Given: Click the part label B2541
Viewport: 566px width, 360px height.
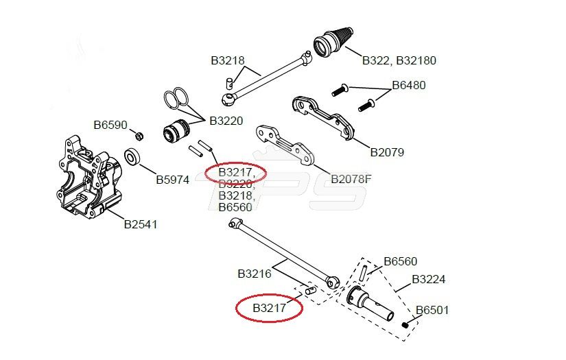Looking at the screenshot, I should (141, 224).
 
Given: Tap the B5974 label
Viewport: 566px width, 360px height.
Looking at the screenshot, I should (172, 180).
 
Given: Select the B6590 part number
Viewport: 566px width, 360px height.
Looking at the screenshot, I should (110, 125).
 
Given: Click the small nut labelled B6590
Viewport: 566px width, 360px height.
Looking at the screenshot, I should (137, 134).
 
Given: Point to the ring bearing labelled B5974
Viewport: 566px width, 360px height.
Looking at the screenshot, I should (132, 158).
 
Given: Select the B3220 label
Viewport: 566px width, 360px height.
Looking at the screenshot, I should (226, 121).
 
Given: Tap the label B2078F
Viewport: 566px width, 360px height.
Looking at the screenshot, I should (351, 179).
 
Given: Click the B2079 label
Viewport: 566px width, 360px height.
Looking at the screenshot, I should (387, 152).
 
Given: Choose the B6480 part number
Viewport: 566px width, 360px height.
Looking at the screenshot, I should (409, 86).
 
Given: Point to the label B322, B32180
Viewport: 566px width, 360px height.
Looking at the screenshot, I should (399, 60).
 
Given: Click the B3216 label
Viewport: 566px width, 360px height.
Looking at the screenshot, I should (255, 274).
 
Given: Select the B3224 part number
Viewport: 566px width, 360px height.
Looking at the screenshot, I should (429, 280).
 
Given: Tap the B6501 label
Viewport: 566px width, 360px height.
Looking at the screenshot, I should (432, 310).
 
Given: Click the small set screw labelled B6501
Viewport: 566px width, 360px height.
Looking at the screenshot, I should (407, 323).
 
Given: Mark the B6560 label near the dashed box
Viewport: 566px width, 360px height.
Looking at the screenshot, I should (400, 261).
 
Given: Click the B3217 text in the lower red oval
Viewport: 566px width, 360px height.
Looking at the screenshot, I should (270, 308).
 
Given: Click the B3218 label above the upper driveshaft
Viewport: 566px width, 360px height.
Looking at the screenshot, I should (227, 60).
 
